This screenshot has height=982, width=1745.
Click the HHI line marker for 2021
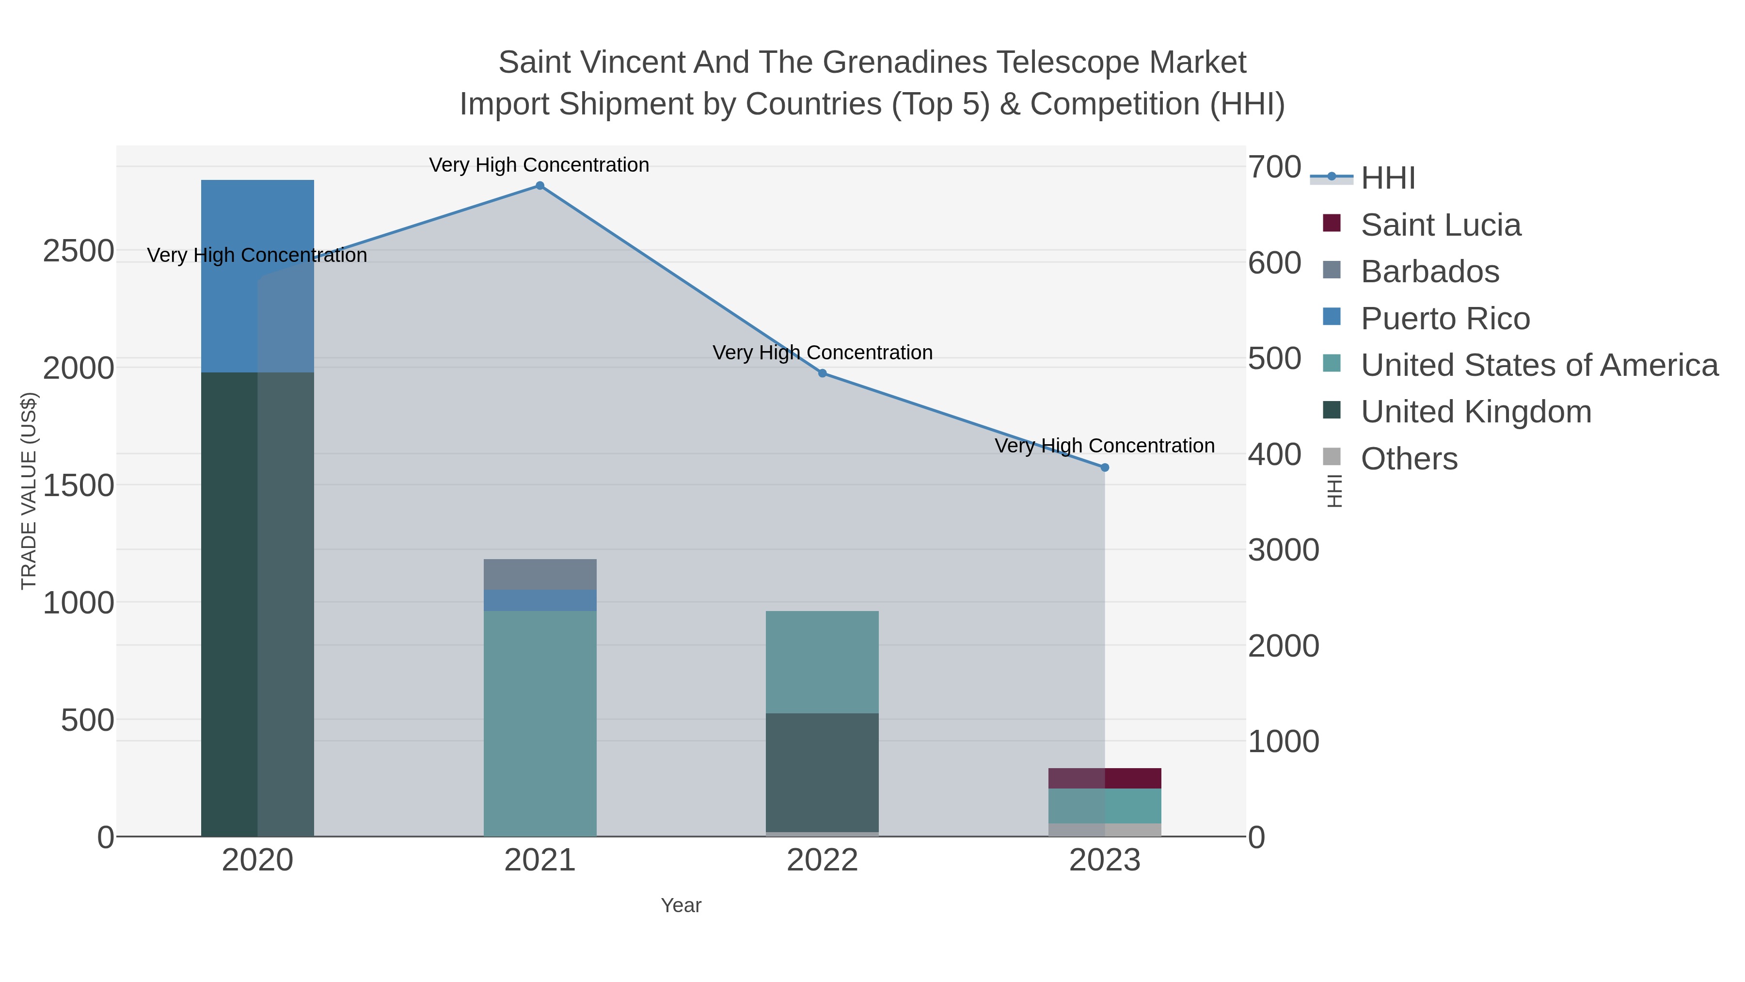(x=540, y=186)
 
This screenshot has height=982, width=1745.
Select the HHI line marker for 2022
(x=823, y=373)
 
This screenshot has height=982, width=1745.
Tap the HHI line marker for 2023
(x=1105, y=467)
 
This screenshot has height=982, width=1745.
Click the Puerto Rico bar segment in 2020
(x=257, y=276)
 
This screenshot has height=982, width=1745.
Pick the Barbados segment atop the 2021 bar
(x=540, y=574)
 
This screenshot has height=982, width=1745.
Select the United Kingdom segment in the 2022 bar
(x=823, y=773)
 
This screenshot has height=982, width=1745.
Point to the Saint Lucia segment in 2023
(x=1105, y=778)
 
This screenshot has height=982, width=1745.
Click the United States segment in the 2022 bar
(x=823, y=662)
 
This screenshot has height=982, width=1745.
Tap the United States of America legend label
(x=1539, y=365)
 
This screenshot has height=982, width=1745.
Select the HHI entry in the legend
(x=1387, y=178)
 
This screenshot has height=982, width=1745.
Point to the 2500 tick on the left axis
(x=79, y=251)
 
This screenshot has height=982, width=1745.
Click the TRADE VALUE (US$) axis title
(x=29, y=491)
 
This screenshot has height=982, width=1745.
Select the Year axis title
(x=681, y=905)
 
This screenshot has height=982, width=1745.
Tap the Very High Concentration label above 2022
(x=823, y=353)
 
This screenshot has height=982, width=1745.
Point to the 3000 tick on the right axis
(x=1283, y=550)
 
